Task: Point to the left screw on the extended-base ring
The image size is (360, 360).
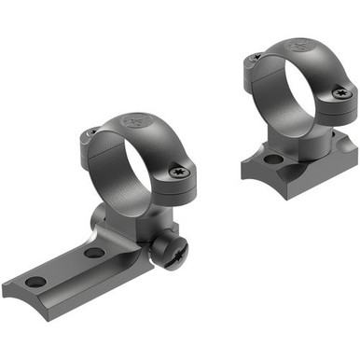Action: point(89,138)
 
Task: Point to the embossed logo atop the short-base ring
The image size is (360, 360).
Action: point(298,43)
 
